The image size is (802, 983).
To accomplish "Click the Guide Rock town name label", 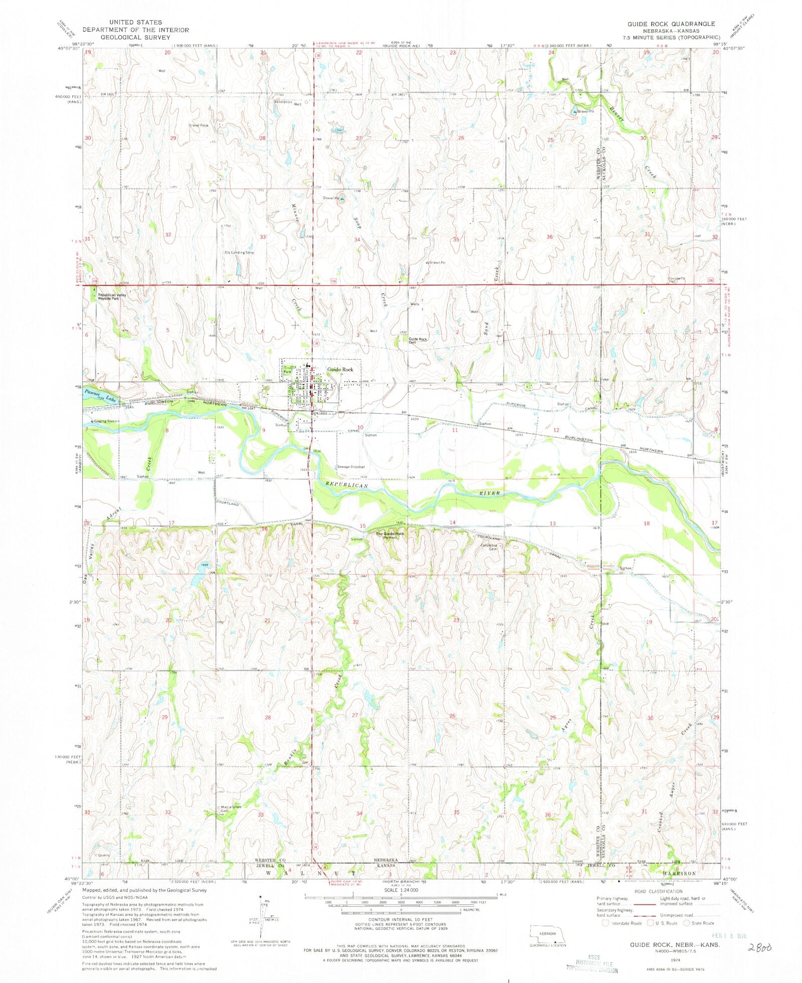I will pyautogui.click(x=340, y=370).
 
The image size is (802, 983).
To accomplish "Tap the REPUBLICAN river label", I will pyautogui.click(x=346, y=485).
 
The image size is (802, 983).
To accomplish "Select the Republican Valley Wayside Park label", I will pyautogui.click(x=112, y=297).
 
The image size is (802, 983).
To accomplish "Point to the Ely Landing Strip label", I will pyautogui.click(x=240, y=252).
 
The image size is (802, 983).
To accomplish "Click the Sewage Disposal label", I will pyautogui.click(x=351, y=466).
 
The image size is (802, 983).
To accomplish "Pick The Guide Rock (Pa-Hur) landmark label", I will pyautogui.click(x=390, y=535).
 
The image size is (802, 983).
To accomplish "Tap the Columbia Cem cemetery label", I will pyautogui.click(x=489, y=547).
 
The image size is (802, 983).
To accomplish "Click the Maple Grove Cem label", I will pyautogui.click(x=231, y=809).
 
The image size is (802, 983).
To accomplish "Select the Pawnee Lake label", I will pyautogui.click(x=101, y=396).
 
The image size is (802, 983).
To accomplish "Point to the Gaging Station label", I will pyautogui.click(x=106, y=421).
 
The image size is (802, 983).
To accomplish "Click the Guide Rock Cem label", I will pyautogui.click(x=418, y=340).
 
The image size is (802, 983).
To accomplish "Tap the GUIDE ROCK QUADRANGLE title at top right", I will pyautogui.click(x=671, y=24).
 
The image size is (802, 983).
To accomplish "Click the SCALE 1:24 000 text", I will pyautogui.click(x=400, y=890).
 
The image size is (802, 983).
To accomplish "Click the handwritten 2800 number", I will pyautogui.click(x=758, y=947).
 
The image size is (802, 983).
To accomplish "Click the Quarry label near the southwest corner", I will pyautogui.click(x=103, y=855).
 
